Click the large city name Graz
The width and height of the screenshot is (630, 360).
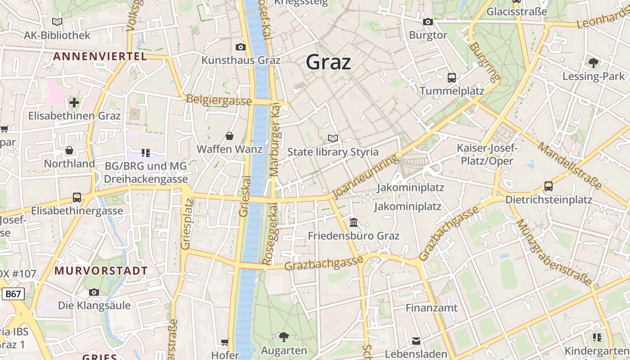[x=328, y=62]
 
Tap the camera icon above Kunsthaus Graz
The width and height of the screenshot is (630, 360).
[x=241, y=47]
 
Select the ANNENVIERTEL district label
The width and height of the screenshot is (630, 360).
[x=100, y=57]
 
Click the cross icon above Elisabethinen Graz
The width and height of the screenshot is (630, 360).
[x=74, y=103]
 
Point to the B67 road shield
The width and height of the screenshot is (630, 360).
[x=13, y=294]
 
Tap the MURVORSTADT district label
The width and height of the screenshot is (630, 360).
[x=101, y=271]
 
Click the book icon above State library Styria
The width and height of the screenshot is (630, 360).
[x=333, y=138]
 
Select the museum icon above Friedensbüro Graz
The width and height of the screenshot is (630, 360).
[x=354, y=222]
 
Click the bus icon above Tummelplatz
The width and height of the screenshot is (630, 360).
[x=452, y=77]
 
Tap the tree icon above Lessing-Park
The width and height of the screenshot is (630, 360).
[x=594, y=63]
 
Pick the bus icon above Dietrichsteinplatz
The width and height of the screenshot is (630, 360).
[x=549, y=186]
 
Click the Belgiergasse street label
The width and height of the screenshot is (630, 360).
[x=219, y=100]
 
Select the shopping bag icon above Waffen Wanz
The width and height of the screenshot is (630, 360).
[x=229, y=135]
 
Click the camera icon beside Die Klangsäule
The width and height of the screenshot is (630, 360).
[x=94, y=292]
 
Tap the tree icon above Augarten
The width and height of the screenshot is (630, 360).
[x=284, y=337]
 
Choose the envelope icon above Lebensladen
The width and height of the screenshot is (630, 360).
[x=416, y=341]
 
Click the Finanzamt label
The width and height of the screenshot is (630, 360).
[x=432, y=308]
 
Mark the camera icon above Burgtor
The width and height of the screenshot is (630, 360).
[x=428, y=21]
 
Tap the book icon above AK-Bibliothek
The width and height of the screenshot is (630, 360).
[x=57, y=22]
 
